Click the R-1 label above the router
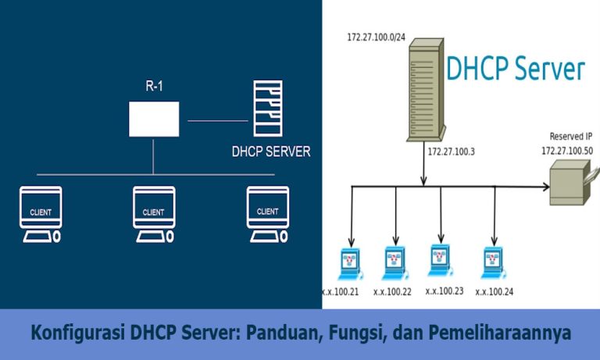point(153,86)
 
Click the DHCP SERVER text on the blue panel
point(271,151)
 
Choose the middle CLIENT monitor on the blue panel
point(153,213)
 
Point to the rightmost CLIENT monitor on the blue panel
point(267,213)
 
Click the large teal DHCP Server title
point(515,69)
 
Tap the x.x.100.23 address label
point(444,290)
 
